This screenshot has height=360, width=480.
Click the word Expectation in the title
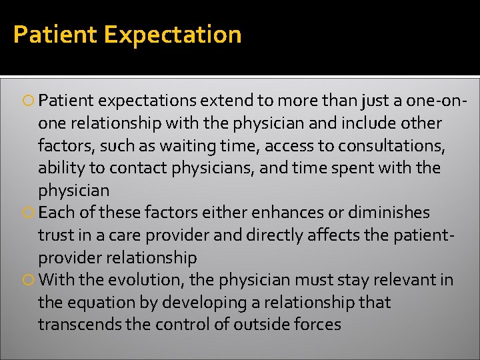tap(173, 35)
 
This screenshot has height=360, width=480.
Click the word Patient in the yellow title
tap(55, 35)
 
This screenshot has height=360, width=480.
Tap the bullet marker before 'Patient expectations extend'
tap(30, 101)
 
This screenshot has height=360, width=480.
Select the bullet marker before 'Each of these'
tap(30, 213)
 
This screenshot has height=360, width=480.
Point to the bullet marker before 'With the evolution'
tap(30, 280)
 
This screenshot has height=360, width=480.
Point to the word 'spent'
tap(347, 168)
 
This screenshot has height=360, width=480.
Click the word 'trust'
tap(57, 235)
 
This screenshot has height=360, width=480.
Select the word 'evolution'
tap(147, 280)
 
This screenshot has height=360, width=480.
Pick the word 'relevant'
tap(402, 280)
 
